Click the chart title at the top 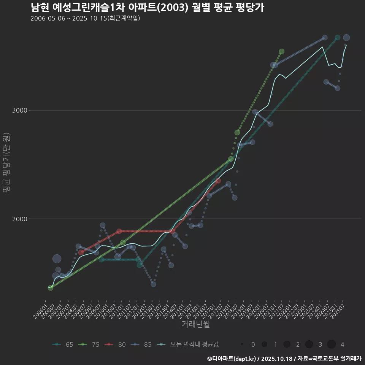[147, 8]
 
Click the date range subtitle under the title [85, 18]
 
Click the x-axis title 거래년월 [195, 324]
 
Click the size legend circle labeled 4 [332, 344]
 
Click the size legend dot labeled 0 [242, 344]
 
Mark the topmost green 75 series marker [281, 51]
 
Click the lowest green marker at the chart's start [50, 288]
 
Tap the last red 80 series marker [218, 181]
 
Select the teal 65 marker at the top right [337, 38]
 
